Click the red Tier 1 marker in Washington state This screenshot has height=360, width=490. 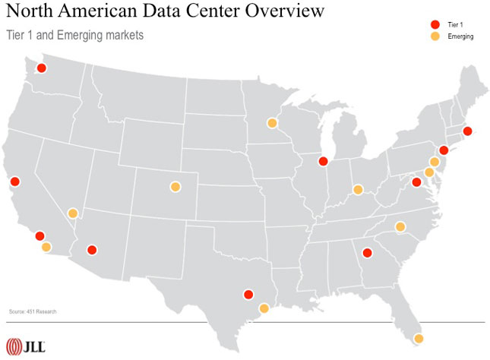(x=42, y=68)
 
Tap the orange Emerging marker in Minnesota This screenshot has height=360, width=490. (x=272, y=123)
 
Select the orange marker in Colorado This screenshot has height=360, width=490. (x=175, y=186)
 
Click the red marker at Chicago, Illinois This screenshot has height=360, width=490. (x=323, y=161)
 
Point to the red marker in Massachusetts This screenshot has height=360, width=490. (x=467, y=131)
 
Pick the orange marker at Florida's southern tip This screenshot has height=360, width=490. (x=418, y=339)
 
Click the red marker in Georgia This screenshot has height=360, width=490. (x=366, y=253)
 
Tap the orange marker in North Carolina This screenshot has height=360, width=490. (x=400, y=226)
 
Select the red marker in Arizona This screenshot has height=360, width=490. (x=92, y=250)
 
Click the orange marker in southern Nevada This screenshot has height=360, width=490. (x=73, y=213)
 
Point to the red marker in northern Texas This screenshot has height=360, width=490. (x=248, y=295)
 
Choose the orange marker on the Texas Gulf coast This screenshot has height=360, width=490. (x=264, y=308)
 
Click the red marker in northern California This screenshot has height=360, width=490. (x=14, y=182)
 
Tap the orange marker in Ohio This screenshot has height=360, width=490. (x=357, y=189)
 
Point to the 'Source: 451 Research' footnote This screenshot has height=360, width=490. (x=33, y=311)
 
